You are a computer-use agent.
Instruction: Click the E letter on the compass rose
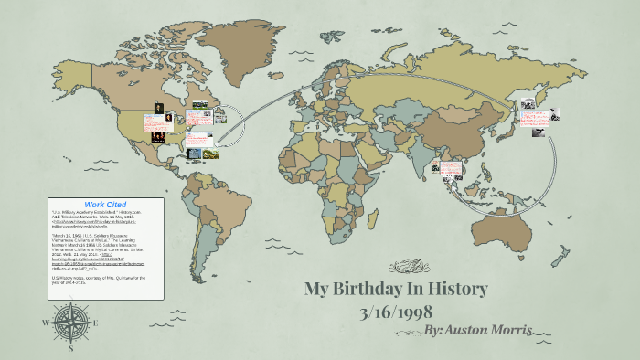[x=93, y=323]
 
